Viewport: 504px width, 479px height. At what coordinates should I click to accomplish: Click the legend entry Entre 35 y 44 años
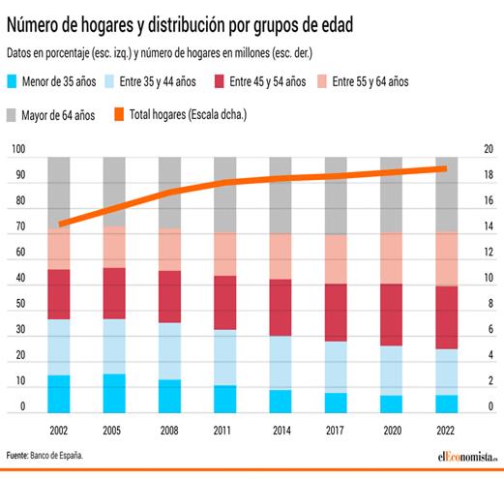[159, 81]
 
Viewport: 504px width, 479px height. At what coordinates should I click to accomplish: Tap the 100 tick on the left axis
[19, 150]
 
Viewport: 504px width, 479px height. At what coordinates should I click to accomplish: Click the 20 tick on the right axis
[489, 150]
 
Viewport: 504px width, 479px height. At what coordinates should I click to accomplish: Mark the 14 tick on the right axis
[489, 227]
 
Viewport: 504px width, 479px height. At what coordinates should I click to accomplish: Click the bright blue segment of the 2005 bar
[114, 393]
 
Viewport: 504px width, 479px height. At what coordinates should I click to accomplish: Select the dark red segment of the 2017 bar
[336, 312]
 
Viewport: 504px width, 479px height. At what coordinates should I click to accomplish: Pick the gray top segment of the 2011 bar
[225, 194]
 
